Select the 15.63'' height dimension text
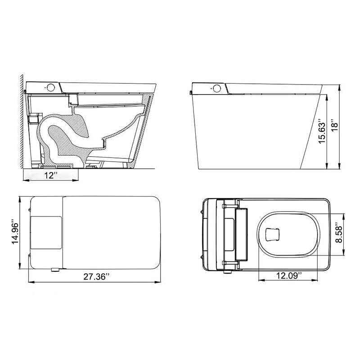pos(321,132)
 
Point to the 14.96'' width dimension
pos(14,232)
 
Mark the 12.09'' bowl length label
pos(288,275)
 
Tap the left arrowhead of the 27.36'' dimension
pos(30,283)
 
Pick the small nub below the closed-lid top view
pos(55,270)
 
